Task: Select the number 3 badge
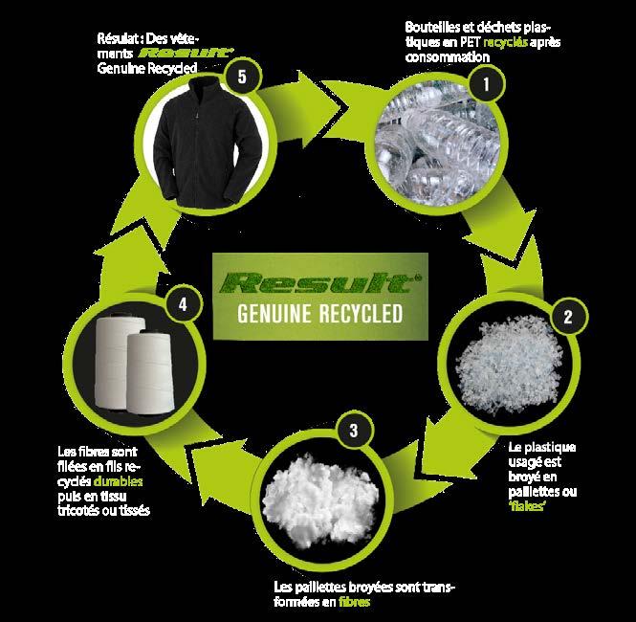tap(354, 430)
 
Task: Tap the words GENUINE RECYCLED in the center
tap(318, 316)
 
